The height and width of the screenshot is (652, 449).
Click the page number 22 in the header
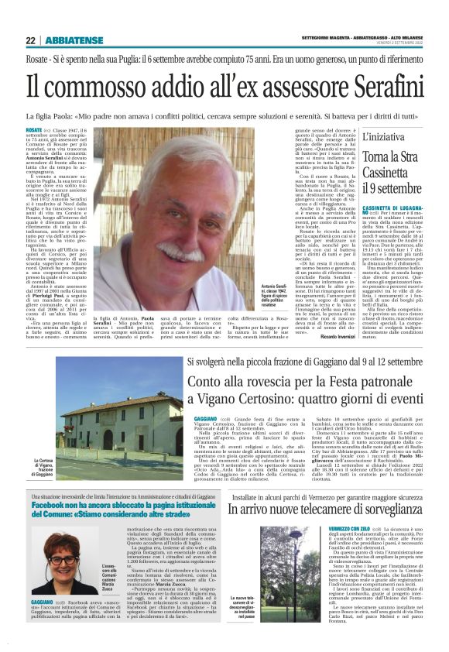[x=30, y=40]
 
